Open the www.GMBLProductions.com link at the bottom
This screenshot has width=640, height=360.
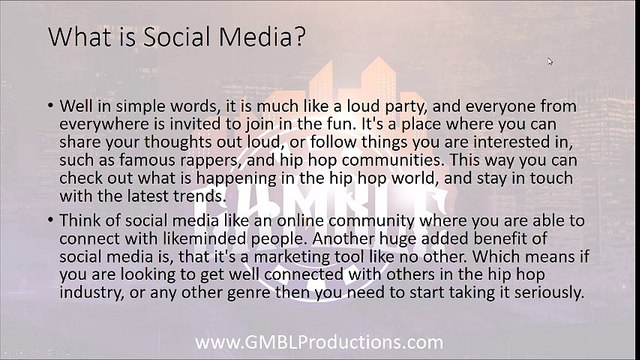(319, 342)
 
